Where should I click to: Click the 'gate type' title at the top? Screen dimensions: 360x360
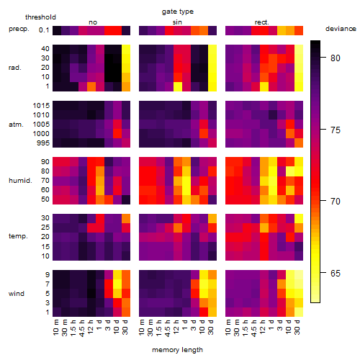pyautogui.click(x=178, y=12)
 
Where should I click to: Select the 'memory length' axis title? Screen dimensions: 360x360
pyautogui.click(x=177, y=350)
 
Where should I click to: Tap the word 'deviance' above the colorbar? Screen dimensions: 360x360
pyautogui.click(x=341, y=29)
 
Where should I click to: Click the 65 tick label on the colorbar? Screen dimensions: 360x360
pyautogui.click(x=336, y=273)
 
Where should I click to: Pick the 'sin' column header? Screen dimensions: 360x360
pyautogui.click(x=177, y=22)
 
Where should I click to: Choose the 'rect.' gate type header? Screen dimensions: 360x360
pyautogui.click(x=262, y=22)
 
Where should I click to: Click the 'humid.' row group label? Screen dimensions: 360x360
pyautogui.click(x=20, y=181)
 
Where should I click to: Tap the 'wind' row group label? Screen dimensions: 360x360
pyautogui.click(x=17, y=294)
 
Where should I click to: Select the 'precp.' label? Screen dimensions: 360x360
pyautogui.click(x=19, y=29)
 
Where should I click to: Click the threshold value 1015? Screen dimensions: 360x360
pyautogui.click(x=41, y=106)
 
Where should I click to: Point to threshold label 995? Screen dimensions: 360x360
pyautogui.click(x=43, y=143)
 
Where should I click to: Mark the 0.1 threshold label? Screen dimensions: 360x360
pyautogui.click(x=44, y=30)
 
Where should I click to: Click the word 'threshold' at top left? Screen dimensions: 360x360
pyautogui.click(x=40, y=17)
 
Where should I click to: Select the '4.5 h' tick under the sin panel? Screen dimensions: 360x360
pyautogui.click(x=168, y=328)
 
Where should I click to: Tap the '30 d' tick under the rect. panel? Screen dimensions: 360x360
pyautogui.click(x=297, y=327)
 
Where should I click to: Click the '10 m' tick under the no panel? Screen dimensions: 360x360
pyautogui.click(x=55, y=327)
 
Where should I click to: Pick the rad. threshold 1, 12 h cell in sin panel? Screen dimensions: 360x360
pyautogui.click(x=178, y=86)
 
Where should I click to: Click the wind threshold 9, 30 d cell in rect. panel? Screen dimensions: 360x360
pyautogui.click(x=299, y=275)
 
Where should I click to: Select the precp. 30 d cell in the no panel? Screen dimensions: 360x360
pyautogui.click(x=126, y=30)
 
